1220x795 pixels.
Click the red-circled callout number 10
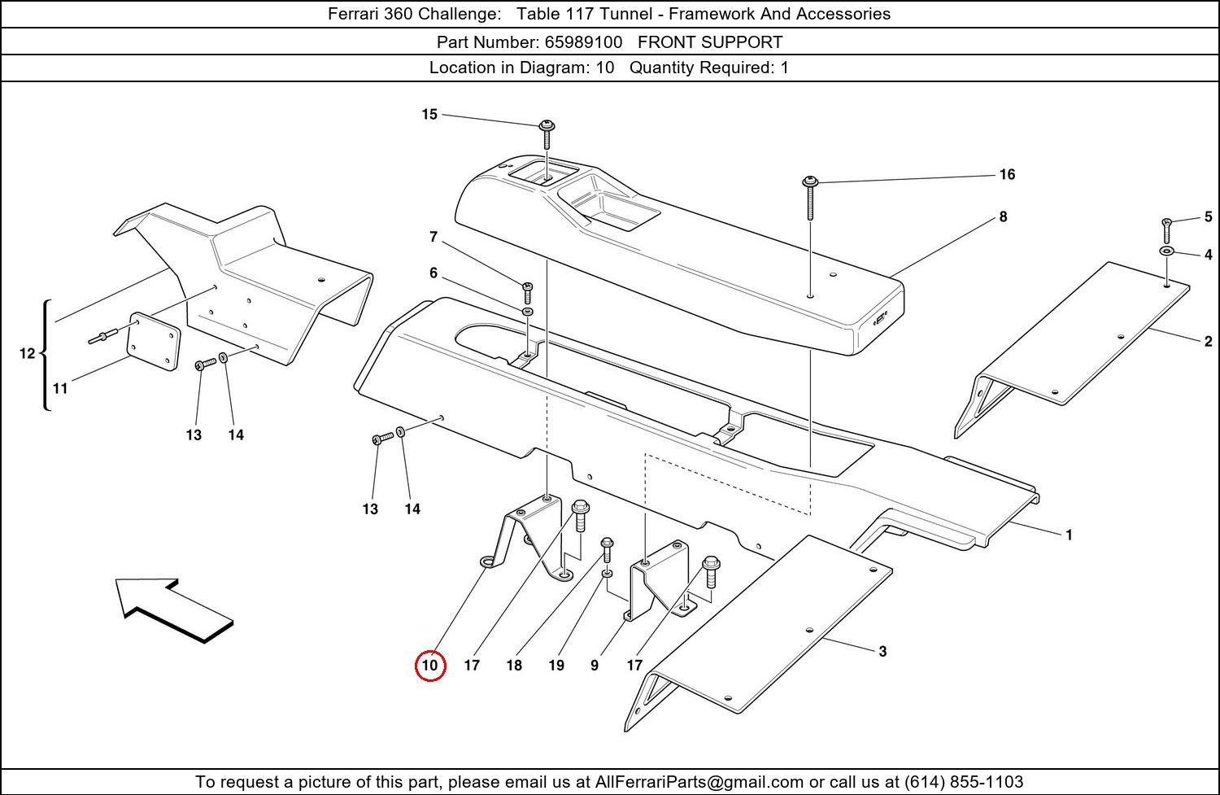pos(429,666)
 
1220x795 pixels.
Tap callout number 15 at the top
pos(429,115)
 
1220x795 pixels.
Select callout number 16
pos(1007,175)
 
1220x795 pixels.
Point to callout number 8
pos(1003,217)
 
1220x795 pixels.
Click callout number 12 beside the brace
pos(27,353)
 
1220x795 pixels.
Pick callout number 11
pos(60,389)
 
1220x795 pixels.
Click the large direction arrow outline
pos(172,609)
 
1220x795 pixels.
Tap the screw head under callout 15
pos(547,126)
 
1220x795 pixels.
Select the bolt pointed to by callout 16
pos(810,195)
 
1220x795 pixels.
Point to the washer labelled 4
pos(1166,251)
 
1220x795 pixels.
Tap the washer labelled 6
pos(527,312)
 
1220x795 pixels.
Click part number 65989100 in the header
pos(583,42)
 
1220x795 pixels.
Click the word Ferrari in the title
pos(355,14)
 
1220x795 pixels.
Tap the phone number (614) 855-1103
pos(963,782)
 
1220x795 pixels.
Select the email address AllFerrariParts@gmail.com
pos(699,782)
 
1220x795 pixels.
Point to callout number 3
pos(882,652)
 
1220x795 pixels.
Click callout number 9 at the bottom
pos(595,666)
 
